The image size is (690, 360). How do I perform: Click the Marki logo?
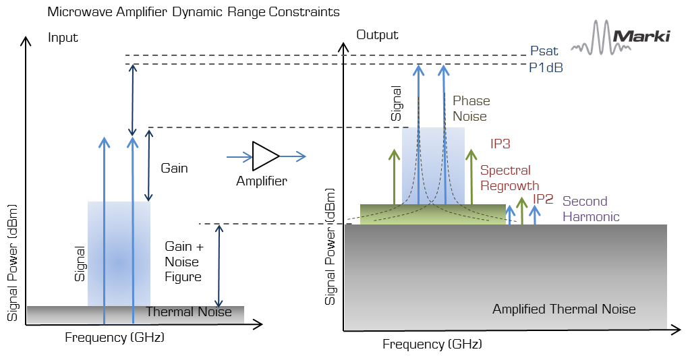pyautogui.click(x=621, y=36)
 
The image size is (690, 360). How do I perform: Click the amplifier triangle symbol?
pyautogui.click(x=265, y=156)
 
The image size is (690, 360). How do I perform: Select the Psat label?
pyautogui.click(x=544, y=51)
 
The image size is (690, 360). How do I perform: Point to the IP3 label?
pyautogui.click(x=500, y=144)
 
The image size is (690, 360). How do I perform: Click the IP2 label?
pyautogui.click(x=544, y=199)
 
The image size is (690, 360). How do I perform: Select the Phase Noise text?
pyautogui.click(x=471, y=109)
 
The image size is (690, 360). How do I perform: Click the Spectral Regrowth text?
pyautogui.click(x=509, y=178)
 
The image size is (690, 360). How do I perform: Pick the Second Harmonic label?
pyautogui.click(x=590, y=209)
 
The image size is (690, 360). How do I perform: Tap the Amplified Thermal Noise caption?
pyautogui.click(x=564, y=309)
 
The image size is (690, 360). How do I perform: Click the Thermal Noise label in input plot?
pyautogui.click(x=189, y=311)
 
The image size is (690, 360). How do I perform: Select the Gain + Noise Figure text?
pyautogui.click(x=183, y=262)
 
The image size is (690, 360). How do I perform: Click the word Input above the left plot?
pyautogui.click(x=63, y=38)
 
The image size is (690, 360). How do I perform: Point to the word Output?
pyautogui.click(x=377, y=35)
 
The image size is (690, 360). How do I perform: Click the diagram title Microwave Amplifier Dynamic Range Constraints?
pyautogui.click(x=194, y=13)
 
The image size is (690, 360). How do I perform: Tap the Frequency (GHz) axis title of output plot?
pyautogui.click(x=432, y=344)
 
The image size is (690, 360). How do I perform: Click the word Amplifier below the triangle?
pyautogui.click(x=261, y=181)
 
